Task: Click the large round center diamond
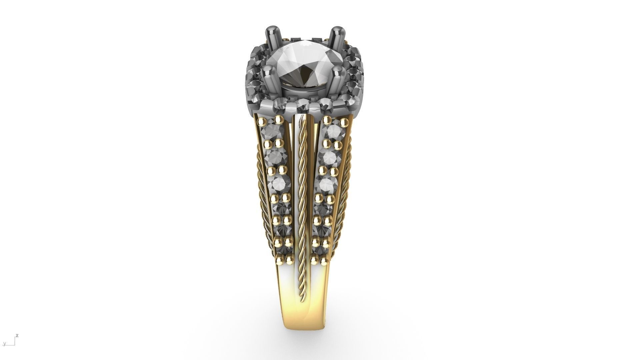[x=304, y=65]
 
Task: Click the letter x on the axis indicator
[x=17, y=336]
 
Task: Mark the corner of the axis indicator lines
[x=14, y=345]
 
